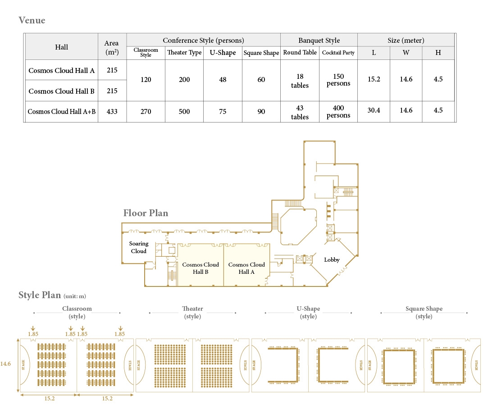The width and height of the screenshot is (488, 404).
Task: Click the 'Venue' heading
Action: [x=32, y=20]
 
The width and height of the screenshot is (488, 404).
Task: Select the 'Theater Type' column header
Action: [x=184, y=52]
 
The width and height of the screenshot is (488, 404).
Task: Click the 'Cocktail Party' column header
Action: [x=338, y=53]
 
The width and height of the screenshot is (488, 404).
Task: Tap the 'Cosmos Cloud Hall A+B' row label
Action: [x=62, y=111]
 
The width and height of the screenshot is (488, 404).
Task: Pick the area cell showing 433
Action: [x=112, y=111]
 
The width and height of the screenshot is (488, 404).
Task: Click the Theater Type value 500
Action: [x=184, y=111]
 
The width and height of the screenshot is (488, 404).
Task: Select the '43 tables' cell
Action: [x=300, y=112]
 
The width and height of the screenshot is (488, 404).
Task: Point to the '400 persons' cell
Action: [x=338, y=111]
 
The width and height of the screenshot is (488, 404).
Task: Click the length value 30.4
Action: [x=374, y=110]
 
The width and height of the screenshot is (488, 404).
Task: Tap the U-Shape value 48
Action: [x=223, y=79]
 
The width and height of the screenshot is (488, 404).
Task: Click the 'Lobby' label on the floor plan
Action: [x=332, y=260]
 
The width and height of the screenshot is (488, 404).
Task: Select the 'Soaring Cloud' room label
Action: [x=139, y=247]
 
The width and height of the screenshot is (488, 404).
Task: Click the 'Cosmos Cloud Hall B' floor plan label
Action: [x=201, y=268]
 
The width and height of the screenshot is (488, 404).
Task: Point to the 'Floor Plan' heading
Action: [x=146, y=213]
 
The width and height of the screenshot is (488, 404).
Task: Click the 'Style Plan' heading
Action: [x=40, y=295]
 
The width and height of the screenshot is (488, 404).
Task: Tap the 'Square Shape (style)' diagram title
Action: [x=424, y=312]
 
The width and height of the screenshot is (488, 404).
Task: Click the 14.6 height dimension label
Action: [x=5, y=363]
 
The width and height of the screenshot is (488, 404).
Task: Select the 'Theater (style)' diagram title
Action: [x=192, y=312]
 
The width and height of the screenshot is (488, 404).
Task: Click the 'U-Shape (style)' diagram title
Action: [x=308, y=312]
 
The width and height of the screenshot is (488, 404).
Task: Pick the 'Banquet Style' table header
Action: [x=319, y=40]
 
